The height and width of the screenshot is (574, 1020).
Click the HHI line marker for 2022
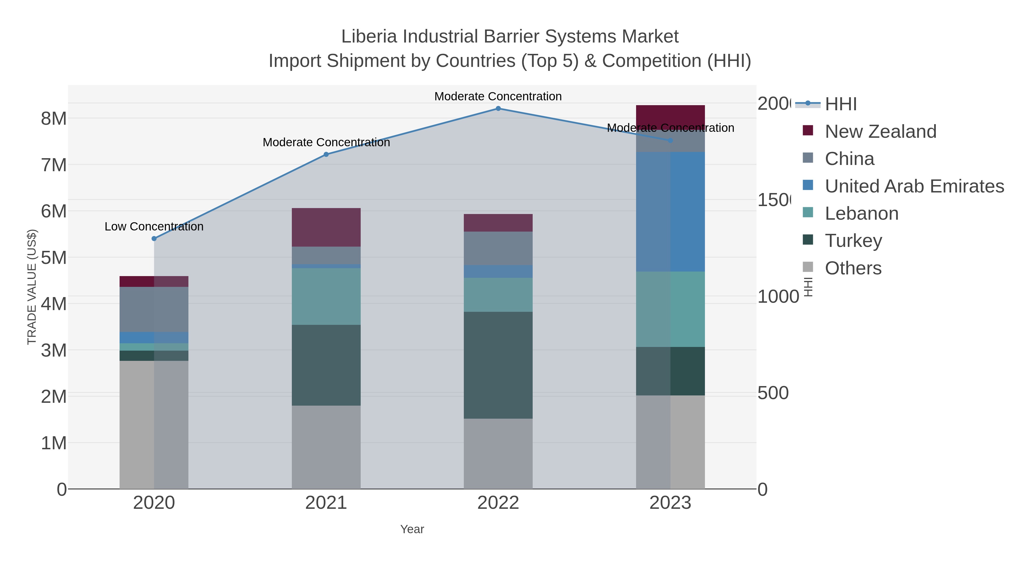[498, 109]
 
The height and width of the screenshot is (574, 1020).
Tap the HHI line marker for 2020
[154, 238]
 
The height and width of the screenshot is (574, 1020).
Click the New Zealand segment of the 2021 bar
[326, 227]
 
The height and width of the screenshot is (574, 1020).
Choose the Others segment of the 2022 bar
[498, 454]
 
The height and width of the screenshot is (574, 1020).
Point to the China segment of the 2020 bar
[154, 309]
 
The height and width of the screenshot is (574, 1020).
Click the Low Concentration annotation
[154, 226]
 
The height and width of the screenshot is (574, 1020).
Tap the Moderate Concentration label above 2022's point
[498, 96]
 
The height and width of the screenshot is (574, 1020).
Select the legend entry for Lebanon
[862, 213]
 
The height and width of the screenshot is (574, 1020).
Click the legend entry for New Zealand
[880, 132]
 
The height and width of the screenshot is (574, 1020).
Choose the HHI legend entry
[841, 104]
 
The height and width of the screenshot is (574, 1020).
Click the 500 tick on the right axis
[773, 393]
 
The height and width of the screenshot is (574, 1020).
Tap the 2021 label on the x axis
[326, 503]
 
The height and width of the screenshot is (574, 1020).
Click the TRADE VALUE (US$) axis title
[32, 287]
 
